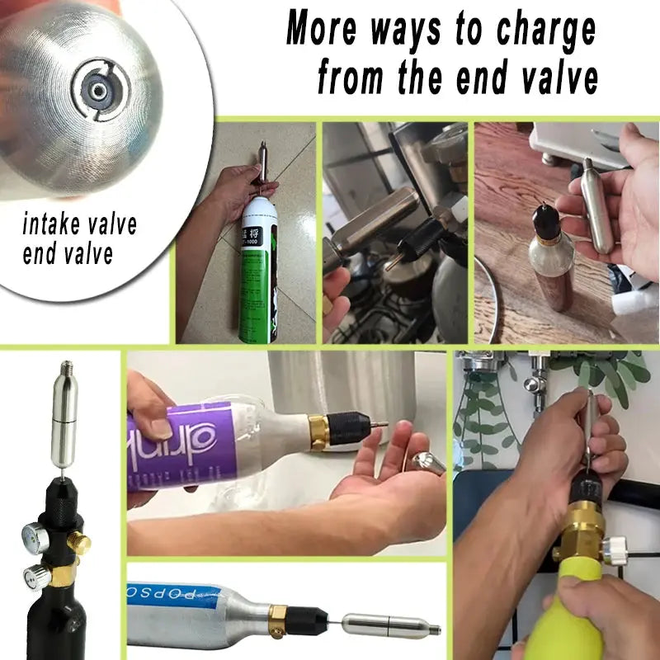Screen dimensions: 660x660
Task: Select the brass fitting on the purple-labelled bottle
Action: click(x=318, y=432)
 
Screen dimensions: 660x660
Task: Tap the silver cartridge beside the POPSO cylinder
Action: click(x=388, y=626)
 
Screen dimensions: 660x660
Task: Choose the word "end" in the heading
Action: click(x=466, y=79)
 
